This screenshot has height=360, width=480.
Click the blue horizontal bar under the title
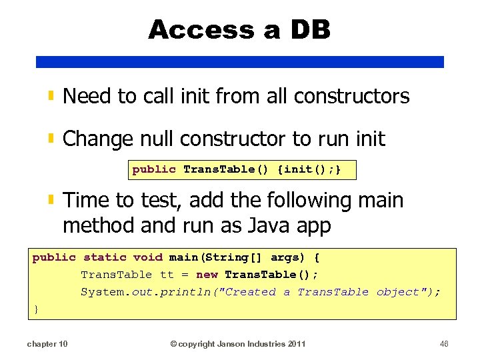click(x=239, y=61)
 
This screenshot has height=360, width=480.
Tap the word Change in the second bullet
click(x=97, y=139)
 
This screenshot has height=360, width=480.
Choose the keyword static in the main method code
click(x=105, y=257)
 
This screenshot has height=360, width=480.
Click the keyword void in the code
click(x=148, y=257)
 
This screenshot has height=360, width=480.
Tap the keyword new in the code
click(x=207, y=275)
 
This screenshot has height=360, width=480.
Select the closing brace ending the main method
click(x=36, y=309)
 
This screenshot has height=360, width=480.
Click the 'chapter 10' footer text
click(x=47, y=344)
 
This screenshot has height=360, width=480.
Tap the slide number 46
click(x=445, y=344)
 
